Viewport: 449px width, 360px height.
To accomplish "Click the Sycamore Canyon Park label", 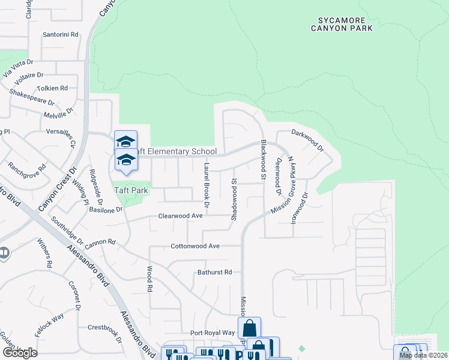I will (x=342, y=23).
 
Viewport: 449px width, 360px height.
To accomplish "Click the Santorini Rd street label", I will (x=61, y=35).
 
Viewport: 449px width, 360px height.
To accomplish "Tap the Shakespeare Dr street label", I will (x=32, y=98).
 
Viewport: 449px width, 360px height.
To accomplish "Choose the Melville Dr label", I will (x=58, y=112).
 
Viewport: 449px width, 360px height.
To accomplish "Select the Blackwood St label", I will (x=263, y=160).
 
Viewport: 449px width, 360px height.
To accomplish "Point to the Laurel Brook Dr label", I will (x=206, y=185).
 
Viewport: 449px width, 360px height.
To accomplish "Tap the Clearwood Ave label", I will (x=181, y=216).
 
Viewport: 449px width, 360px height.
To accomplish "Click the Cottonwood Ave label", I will (x=195, y=246).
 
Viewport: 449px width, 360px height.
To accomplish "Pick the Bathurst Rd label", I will (x=214, y=272).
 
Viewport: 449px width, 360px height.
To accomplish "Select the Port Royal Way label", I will (x=212, y=332).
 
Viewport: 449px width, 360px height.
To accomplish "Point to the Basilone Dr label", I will (x=106, y=210).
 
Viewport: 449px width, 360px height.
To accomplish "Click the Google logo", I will (x=20, y=352).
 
